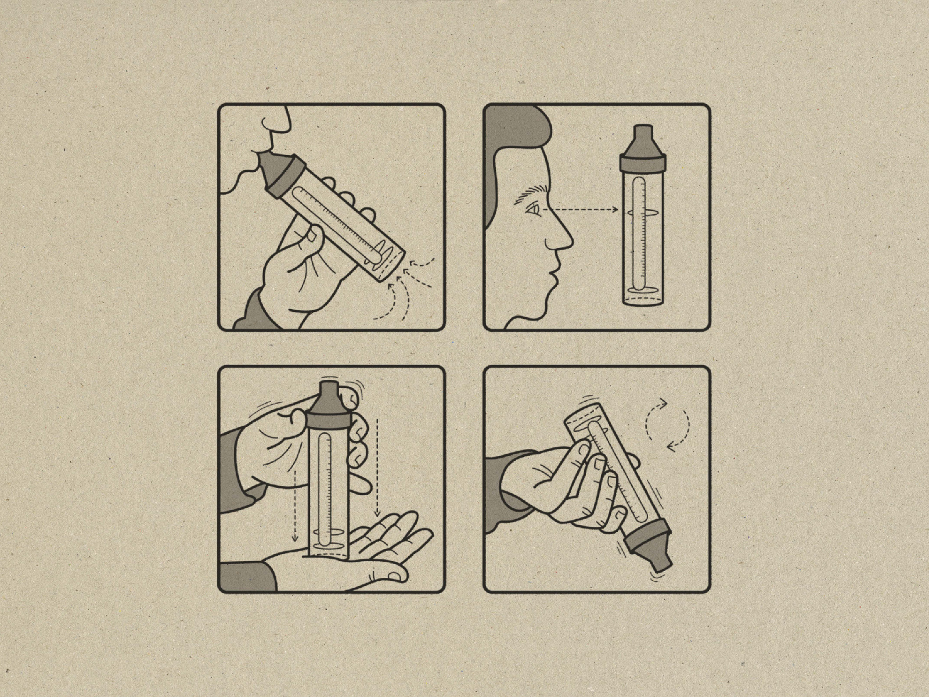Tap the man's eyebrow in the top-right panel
point(531,191)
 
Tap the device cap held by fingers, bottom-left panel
point(327,407)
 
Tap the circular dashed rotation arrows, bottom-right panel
point(668,424)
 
